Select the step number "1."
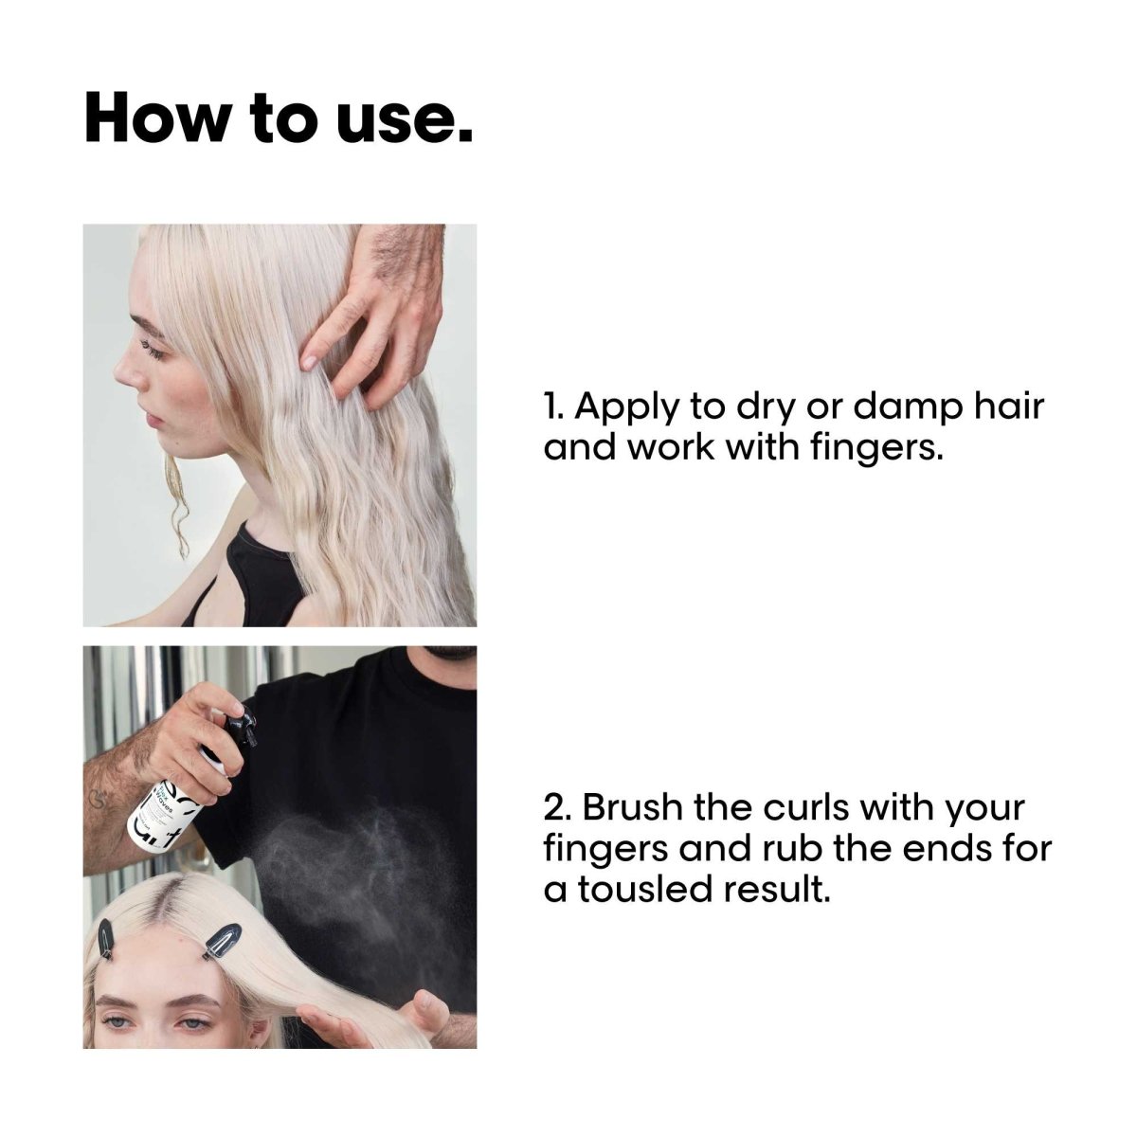pyautogui.click(x=554, y=406)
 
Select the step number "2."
pyautogui.click(x=558, y=809)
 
